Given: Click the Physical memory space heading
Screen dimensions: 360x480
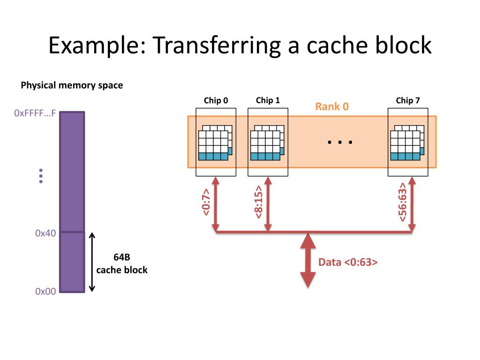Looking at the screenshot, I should (72, 85).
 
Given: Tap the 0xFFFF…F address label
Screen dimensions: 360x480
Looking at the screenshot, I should (35, 113).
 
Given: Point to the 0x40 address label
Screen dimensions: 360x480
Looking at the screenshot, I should (45, 233).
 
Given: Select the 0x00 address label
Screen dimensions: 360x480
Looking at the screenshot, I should (45, 291).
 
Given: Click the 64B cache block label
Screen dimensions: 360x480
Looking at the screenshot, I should (122, 263).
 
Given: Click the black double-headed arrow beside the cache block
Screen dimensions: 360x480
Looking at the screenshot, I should (92, 262).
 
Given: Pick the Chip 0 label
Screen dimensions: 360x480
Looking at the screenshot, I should (216, 100).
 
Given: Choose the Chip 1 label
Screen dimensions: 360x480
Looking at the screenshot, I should (268, 100).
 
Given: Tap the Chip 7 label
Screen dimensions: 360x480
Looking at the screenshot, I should (408, 100).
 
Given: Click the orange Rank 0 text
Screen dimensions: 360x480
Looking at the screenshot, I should (332, 106).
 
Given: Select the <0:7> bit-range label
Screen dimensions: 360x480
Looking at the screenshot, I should (206, 203).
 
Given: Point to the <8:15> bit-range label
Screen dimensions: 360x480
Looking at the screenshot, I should (258, 203).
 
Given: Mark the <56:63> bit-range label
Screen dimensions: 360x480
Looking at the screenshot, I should (403, 203).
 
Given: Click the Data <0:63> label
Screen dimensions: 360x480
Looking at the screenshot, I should (348, 262).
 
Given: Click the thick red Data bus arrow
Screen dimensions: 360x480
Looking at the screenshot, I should (307, 260).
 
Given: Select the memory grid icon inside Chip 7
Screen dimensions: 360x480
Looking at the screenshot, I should (407, 143).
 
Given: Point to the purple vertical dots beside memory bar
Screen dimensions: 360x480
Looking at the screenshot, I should (41, 175).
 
